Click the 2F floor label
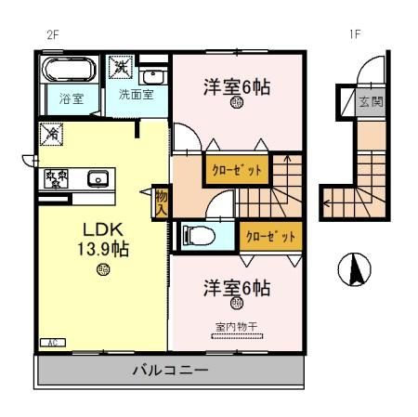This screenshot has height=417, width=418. pyautogui.click(x=53, y=35)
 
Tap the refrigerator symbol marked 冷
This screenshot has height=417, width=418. pyautogui.click(x=50, y=136)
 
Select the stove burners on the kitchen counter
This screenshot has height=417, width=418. pyautogui.click(x=54, y=178)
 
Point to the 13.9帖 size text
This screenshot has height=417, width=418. pyautogui.click(x=101, y=248)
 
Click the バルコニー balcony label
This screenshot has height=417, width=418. pyautogui.click(x=169, y=371)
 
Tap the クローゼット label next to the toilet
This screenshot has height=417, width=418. pyautogui.click(x=270, y=236)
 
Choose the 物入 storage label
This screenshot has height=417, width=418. pyautogui.click(x=162, y=202)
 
